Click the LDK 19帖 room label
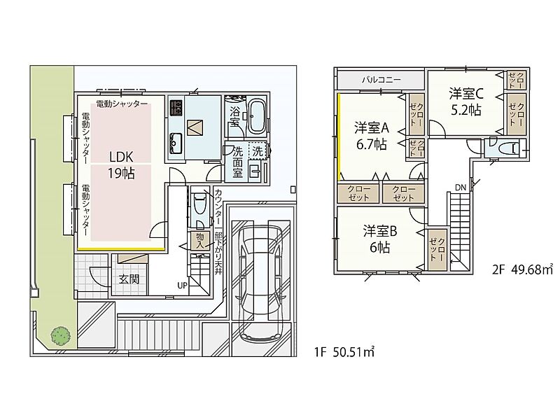[121, 165]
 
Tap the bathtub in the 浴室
[256, 115]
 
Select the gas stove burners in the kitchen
[177, 108]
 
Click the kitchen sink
[176, 143]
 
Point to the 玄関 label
[129, 279]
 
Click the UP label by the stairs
[183, 286]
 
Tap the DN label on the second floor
[461, 188]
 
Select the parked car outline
[260, 282]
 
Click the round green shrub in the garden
[60, 336]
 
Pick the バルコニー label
[381, 80]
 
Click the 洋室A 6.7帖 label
[372, 136]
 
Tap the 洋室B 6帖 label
[380, 239]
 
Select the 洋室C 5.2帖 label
[466, 101]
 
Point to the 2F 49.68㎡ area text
[522, 269]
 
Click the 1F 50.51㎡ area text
[344, 353]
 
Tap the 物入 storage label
[200, 241]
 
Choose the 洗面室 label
[238, 162]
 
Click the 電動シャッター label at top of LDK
[122, 104]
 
